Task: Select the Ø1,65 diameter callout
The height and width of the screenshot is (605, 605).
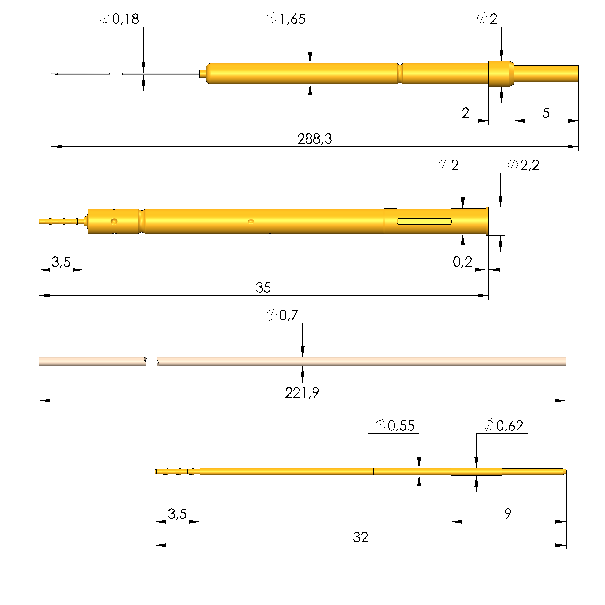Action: [x=286, y=19]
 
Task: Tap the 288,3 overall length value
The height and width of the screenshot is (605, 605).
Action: [x=314, y=139]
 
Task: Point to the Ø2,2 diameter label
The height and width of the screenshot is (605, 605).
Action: [x=523, y=165]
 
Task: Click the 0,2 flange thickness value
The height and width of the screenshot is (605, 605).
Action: [x=462, y=262]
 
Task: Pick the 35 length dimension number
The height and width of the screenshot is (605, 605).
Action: [x=263, y=287]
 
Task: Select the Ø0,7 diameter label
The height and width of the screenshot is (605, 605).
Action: [x=282, y=315]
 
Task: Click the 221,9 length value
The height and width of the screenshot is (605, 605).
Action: [x=302, y=393]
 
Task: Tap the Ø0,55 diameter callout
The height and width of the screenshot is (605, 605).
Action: [x=394, y=426]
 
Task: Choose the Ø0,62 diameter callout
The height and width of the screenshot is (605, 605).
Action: [x=503, y=426]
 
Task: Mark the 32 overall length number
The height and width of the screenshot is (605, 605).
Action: [x=360, y=537]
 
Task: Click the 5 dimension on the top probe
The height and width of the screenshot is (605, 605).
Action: [x=546, y=113]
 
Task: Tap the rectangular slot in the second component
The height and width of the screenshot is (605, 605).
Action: [x=424, y=221]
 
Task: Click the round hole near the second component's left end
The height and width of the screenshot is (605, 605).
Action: [x=114, y=221]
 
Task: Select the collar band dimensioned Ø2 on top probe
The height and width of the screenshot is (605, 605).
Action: [x=501, y=73]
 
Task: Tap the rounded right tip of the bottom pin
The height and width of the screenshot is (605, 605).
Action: [x=565, y=472]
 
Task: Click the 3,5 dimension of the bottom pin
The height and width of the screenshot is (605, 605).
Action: [x=177, y=514]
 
